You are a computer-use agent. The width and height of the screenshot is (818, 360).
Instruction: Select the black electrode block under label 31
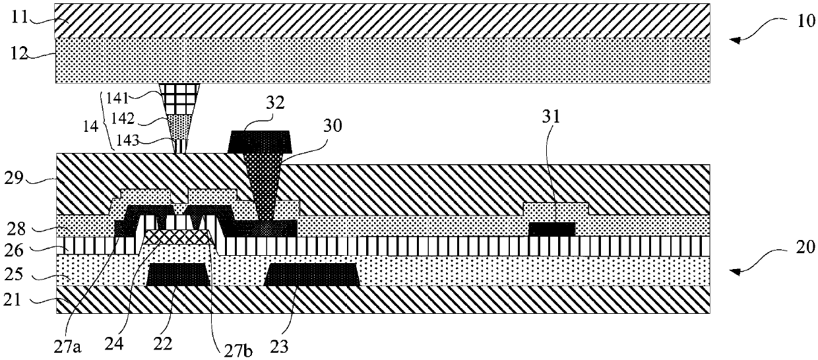tap(552, 228)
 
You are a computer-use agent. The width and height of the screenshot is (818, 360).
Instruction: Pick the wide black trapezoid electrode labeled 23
tap(312, 274)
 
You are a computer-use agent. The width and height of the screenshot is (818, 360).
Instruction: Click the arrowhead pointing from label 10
tap(730, 40)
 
